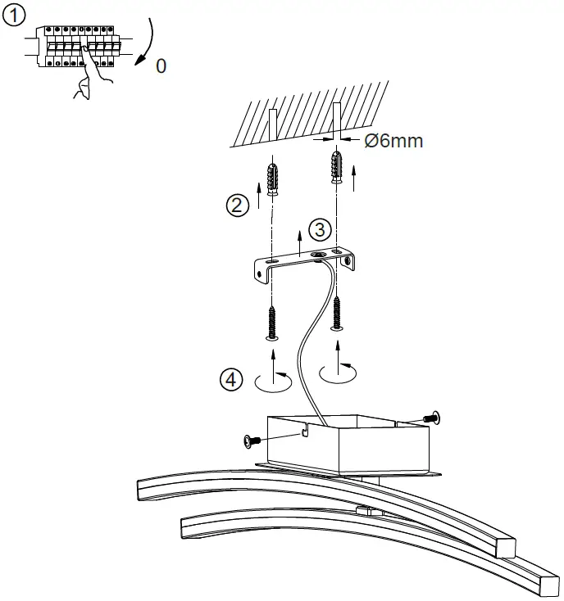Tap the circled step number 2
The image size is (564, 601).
pyautogui.click(x=238, y=206)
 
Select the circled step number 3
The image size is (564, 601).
pyautogui.click(x=321, y=228)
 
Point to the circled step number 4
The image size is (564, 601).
pyautogui.click(x=233, y=379)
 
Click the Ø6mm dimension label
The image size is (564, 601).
pyautogui.click(x=393, y=141)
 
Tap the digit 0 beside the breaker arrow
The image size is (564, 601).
pyautogui.click(x=161, y=66)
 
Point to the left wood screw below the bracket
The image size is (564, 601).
pyautogui.click(x=272, y=321)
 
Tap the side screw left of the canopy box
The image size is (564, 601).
pyautogui.click(x=253, y=441)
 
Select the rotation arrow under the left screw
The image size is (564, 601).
pyautogui.click(x=273, y=379)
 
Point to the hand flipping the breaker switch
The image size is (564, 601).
pyautogui.click(x=92, y=78)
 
